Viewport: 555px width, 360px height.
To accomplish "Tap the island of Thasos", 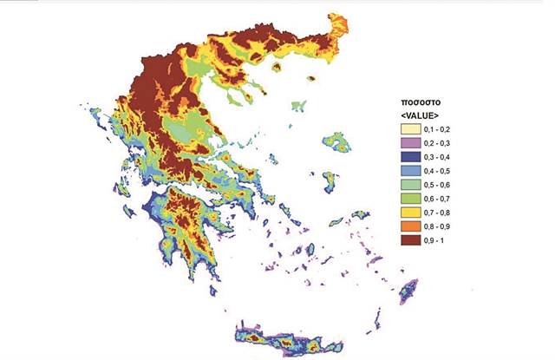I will (x=278, y=66).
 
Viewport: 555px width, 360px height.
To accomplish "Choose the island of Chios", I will (x=330, y=181).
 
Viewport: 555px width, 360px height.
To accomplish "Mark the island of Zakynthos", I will (x=129, y=211).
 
